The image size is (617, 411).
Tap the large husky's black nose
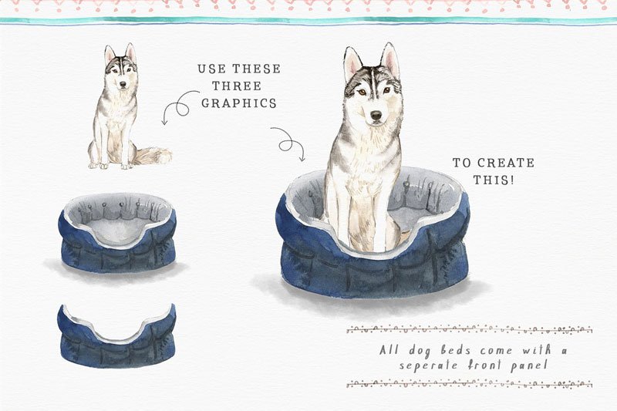pos(375,115)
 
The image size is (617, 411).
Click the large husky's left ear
pos(353,62)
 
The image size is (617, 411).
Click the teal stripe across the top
pos(308,21)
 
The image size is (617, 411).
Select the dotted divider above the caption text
pos(469,330)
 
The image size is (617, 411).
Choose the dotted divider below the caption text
pos(469,383)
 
